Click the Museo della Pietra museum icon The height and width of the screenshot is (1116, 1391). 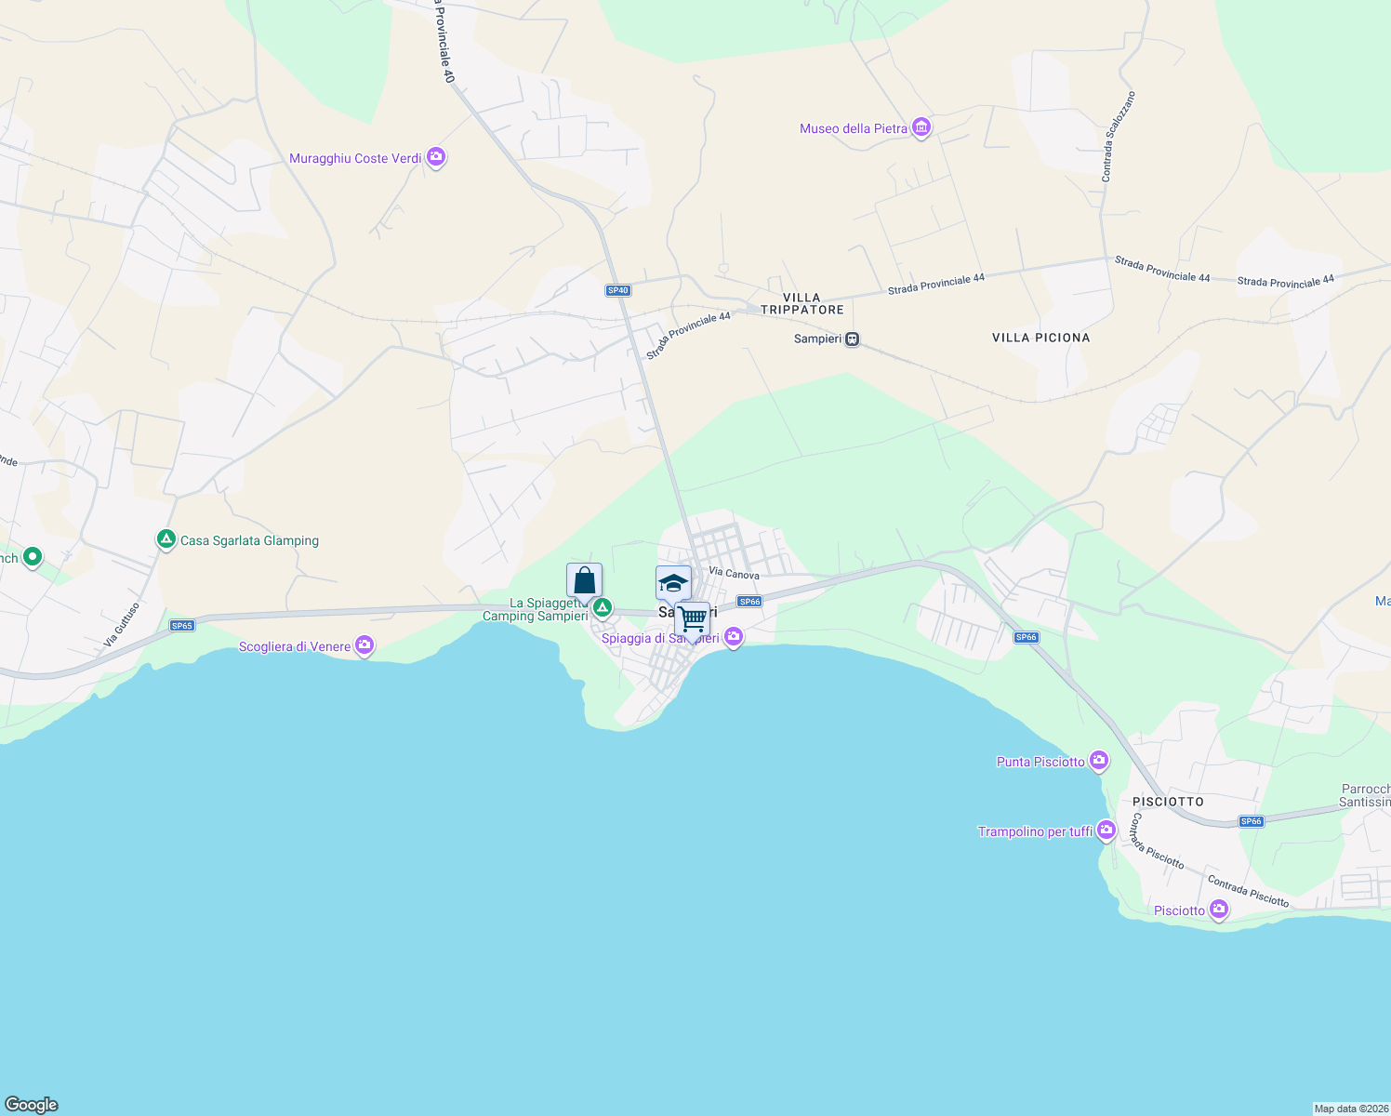[x=921, y=127]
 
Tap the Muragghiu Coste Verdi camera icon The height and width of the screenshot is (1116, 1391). [x=436, y=157]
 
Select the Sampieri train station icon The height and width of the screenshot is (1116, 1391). [x=852, y=339]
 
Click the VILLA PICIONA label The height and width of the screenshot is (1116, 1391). [x=1040, y=338]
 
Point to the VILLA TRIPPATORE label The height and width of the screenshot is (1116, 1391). [x=801, y=304]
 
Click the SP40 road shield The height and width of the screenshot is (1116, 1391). [x=618, y=290]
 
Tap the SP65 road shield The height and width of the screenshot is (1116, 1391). [x=182, y=626]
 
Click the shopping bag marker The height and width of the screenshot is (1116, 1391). [x=584, y=581]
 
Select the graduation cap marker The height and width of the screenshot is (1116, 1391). [x=673, y=584]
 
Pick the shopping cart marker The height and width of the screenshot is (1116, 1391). [x=693, y=618]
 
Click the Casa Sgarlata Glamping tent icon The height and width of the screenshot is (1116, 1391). [x=166, y=539]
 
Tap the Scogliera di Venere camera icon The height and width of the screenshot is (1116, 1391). [x=364, y=644]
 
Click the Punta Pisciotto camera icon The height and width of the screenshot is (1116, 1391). [x=1099, y=761]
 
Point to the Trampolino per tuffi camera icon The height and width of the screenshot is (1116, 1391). [x=1106, y=830]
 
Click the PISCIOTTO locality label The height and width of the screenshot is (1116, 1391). [x=1168, y=802]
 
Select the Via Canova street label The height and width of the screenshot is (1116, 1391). [x=734, y=574]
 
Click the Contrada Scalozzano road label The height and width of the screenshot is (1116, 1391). [x=1118, y=136]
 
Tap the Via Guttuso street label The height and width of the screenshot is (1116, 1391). [x=122, y=624]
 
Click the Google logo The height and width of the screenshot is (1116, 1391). [x=32, y=1105]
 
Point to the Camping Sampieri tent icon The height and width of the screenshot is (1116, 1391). [x=603, y=608]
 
